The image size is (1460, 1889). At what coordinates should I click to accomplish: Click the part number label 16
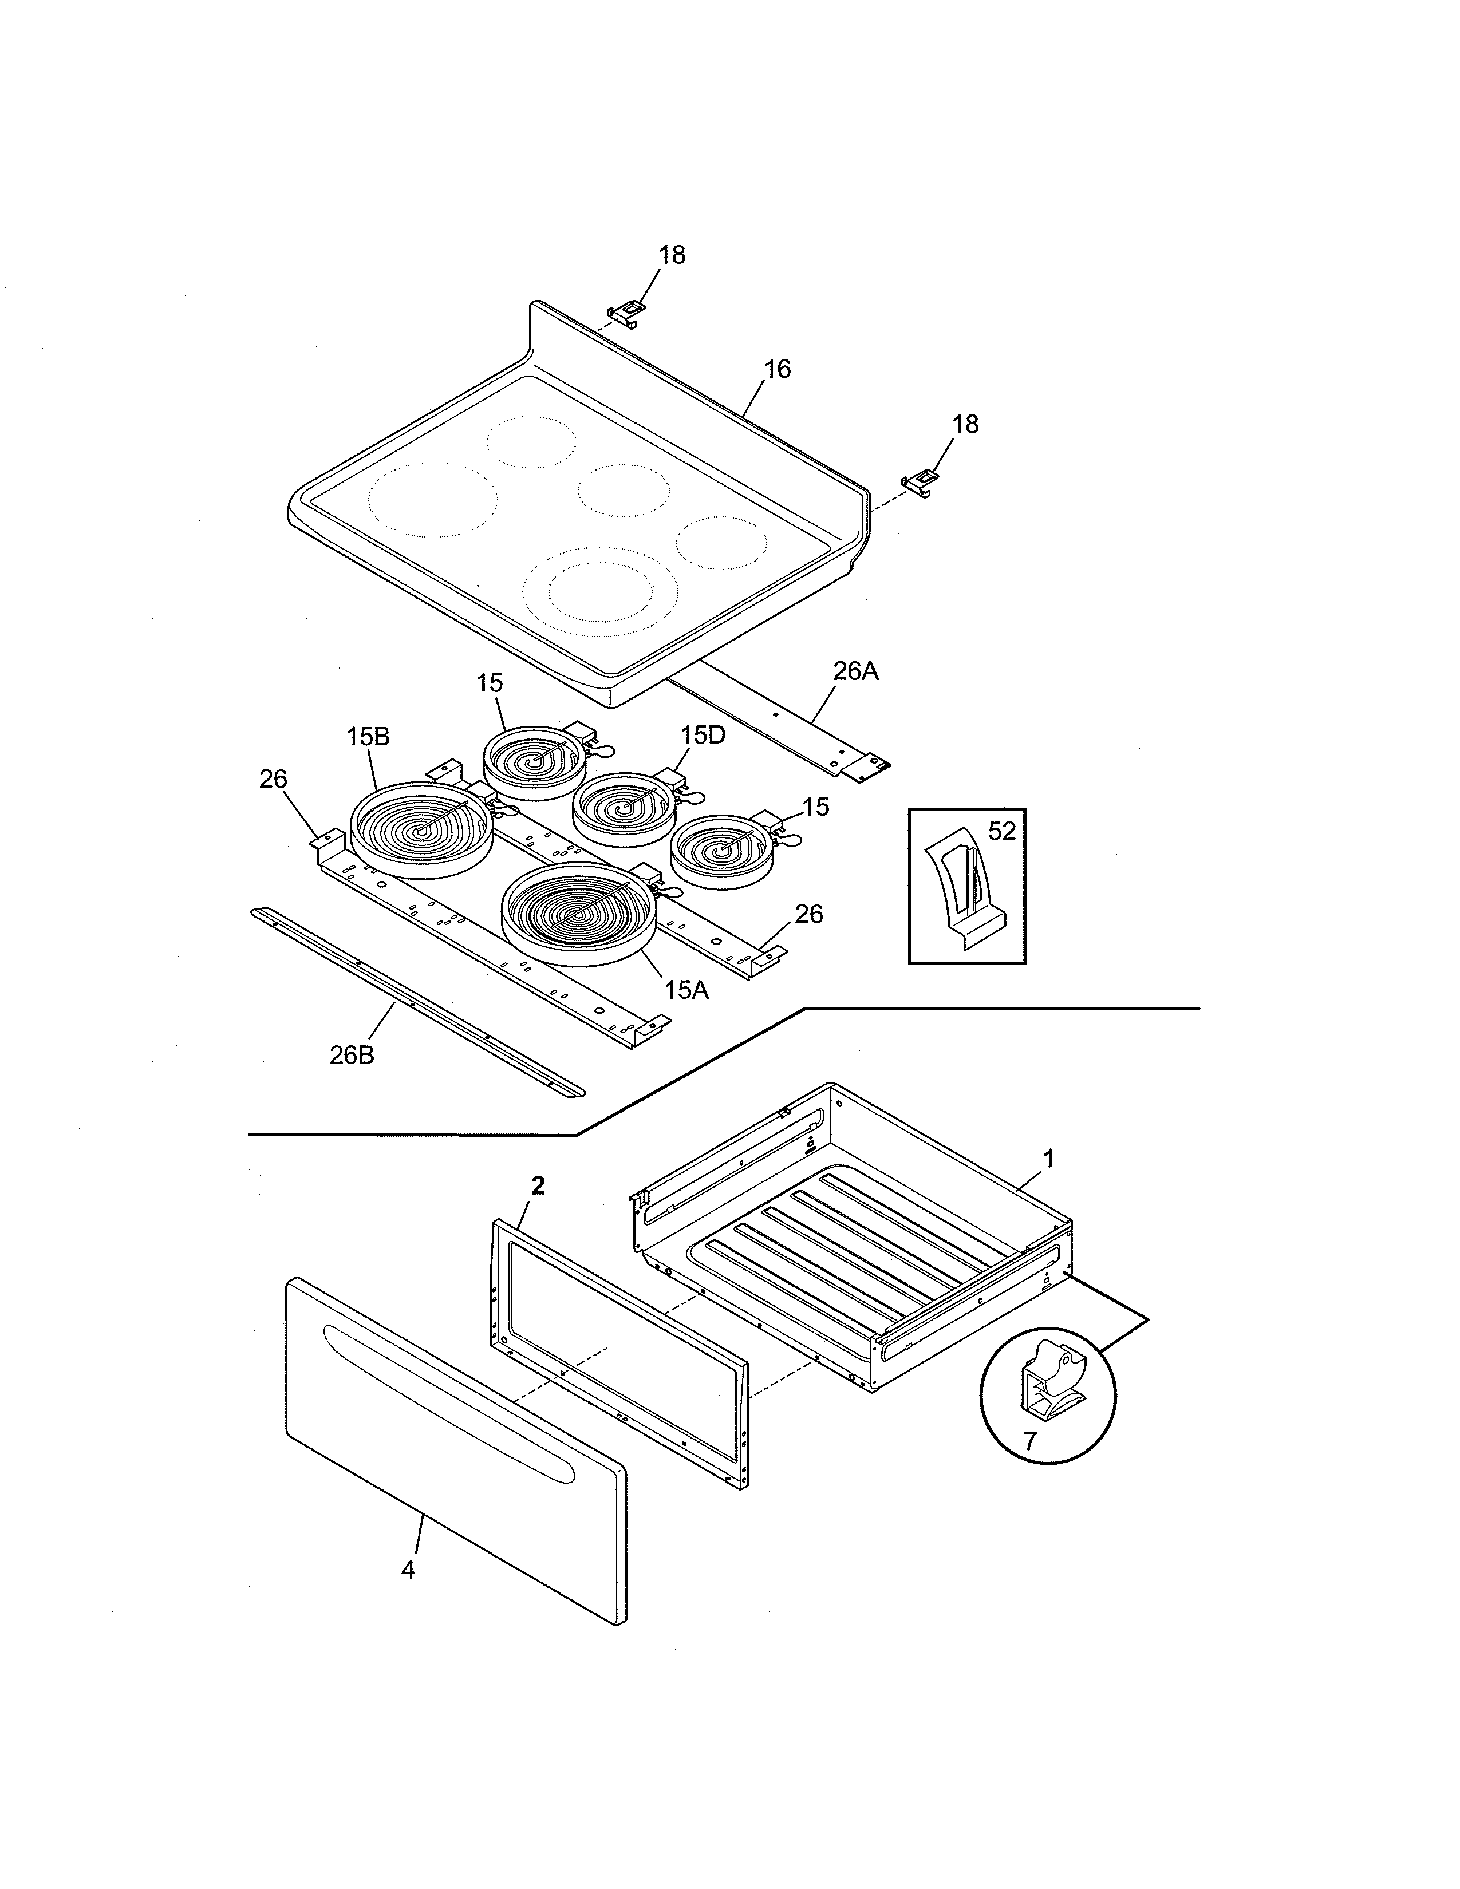(778, 369)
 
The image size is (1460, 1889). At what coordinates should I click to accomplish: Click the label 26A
(855, 671)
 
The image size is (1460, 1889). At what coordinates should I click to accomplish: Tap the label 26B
(352, 1055)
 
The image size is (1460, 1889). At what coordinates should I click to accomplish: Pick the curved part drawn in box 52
(967, 891)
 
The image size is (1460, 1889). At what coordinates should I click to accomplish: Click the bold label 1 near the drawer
(1049, 1159)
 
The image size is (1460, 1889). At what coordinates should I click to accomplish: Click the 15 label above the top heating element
(489, 683)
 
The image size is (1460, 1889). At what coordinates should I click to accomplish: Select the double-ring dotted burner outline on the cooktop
(602, 584)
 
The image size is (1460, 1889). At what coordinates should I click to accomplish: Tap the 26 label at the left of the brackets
(273, 779)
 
